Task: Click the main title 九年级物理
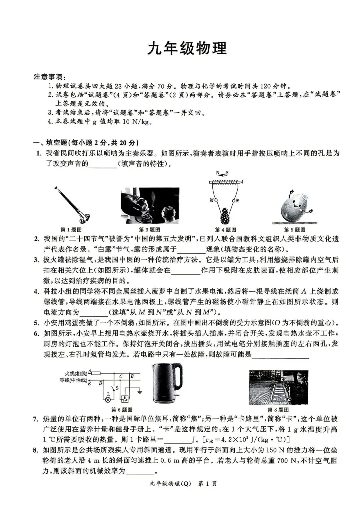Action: tap(187, 48)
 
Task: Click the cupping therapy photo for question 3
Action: tap(150, 205)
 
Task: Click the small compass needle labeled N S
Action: tap(222, 173)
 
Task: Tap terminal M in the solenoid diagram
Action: tap(215, 200)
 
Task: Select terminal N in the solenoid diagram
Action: tap(234, 200)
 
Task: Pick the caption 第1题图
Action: tap(71, 230)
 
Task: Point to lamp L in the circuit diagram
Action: tap(108, 399)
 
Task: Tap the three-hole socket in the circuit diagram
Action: tap(126, 399)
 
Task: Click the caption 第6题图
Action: tap(122, 410)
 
